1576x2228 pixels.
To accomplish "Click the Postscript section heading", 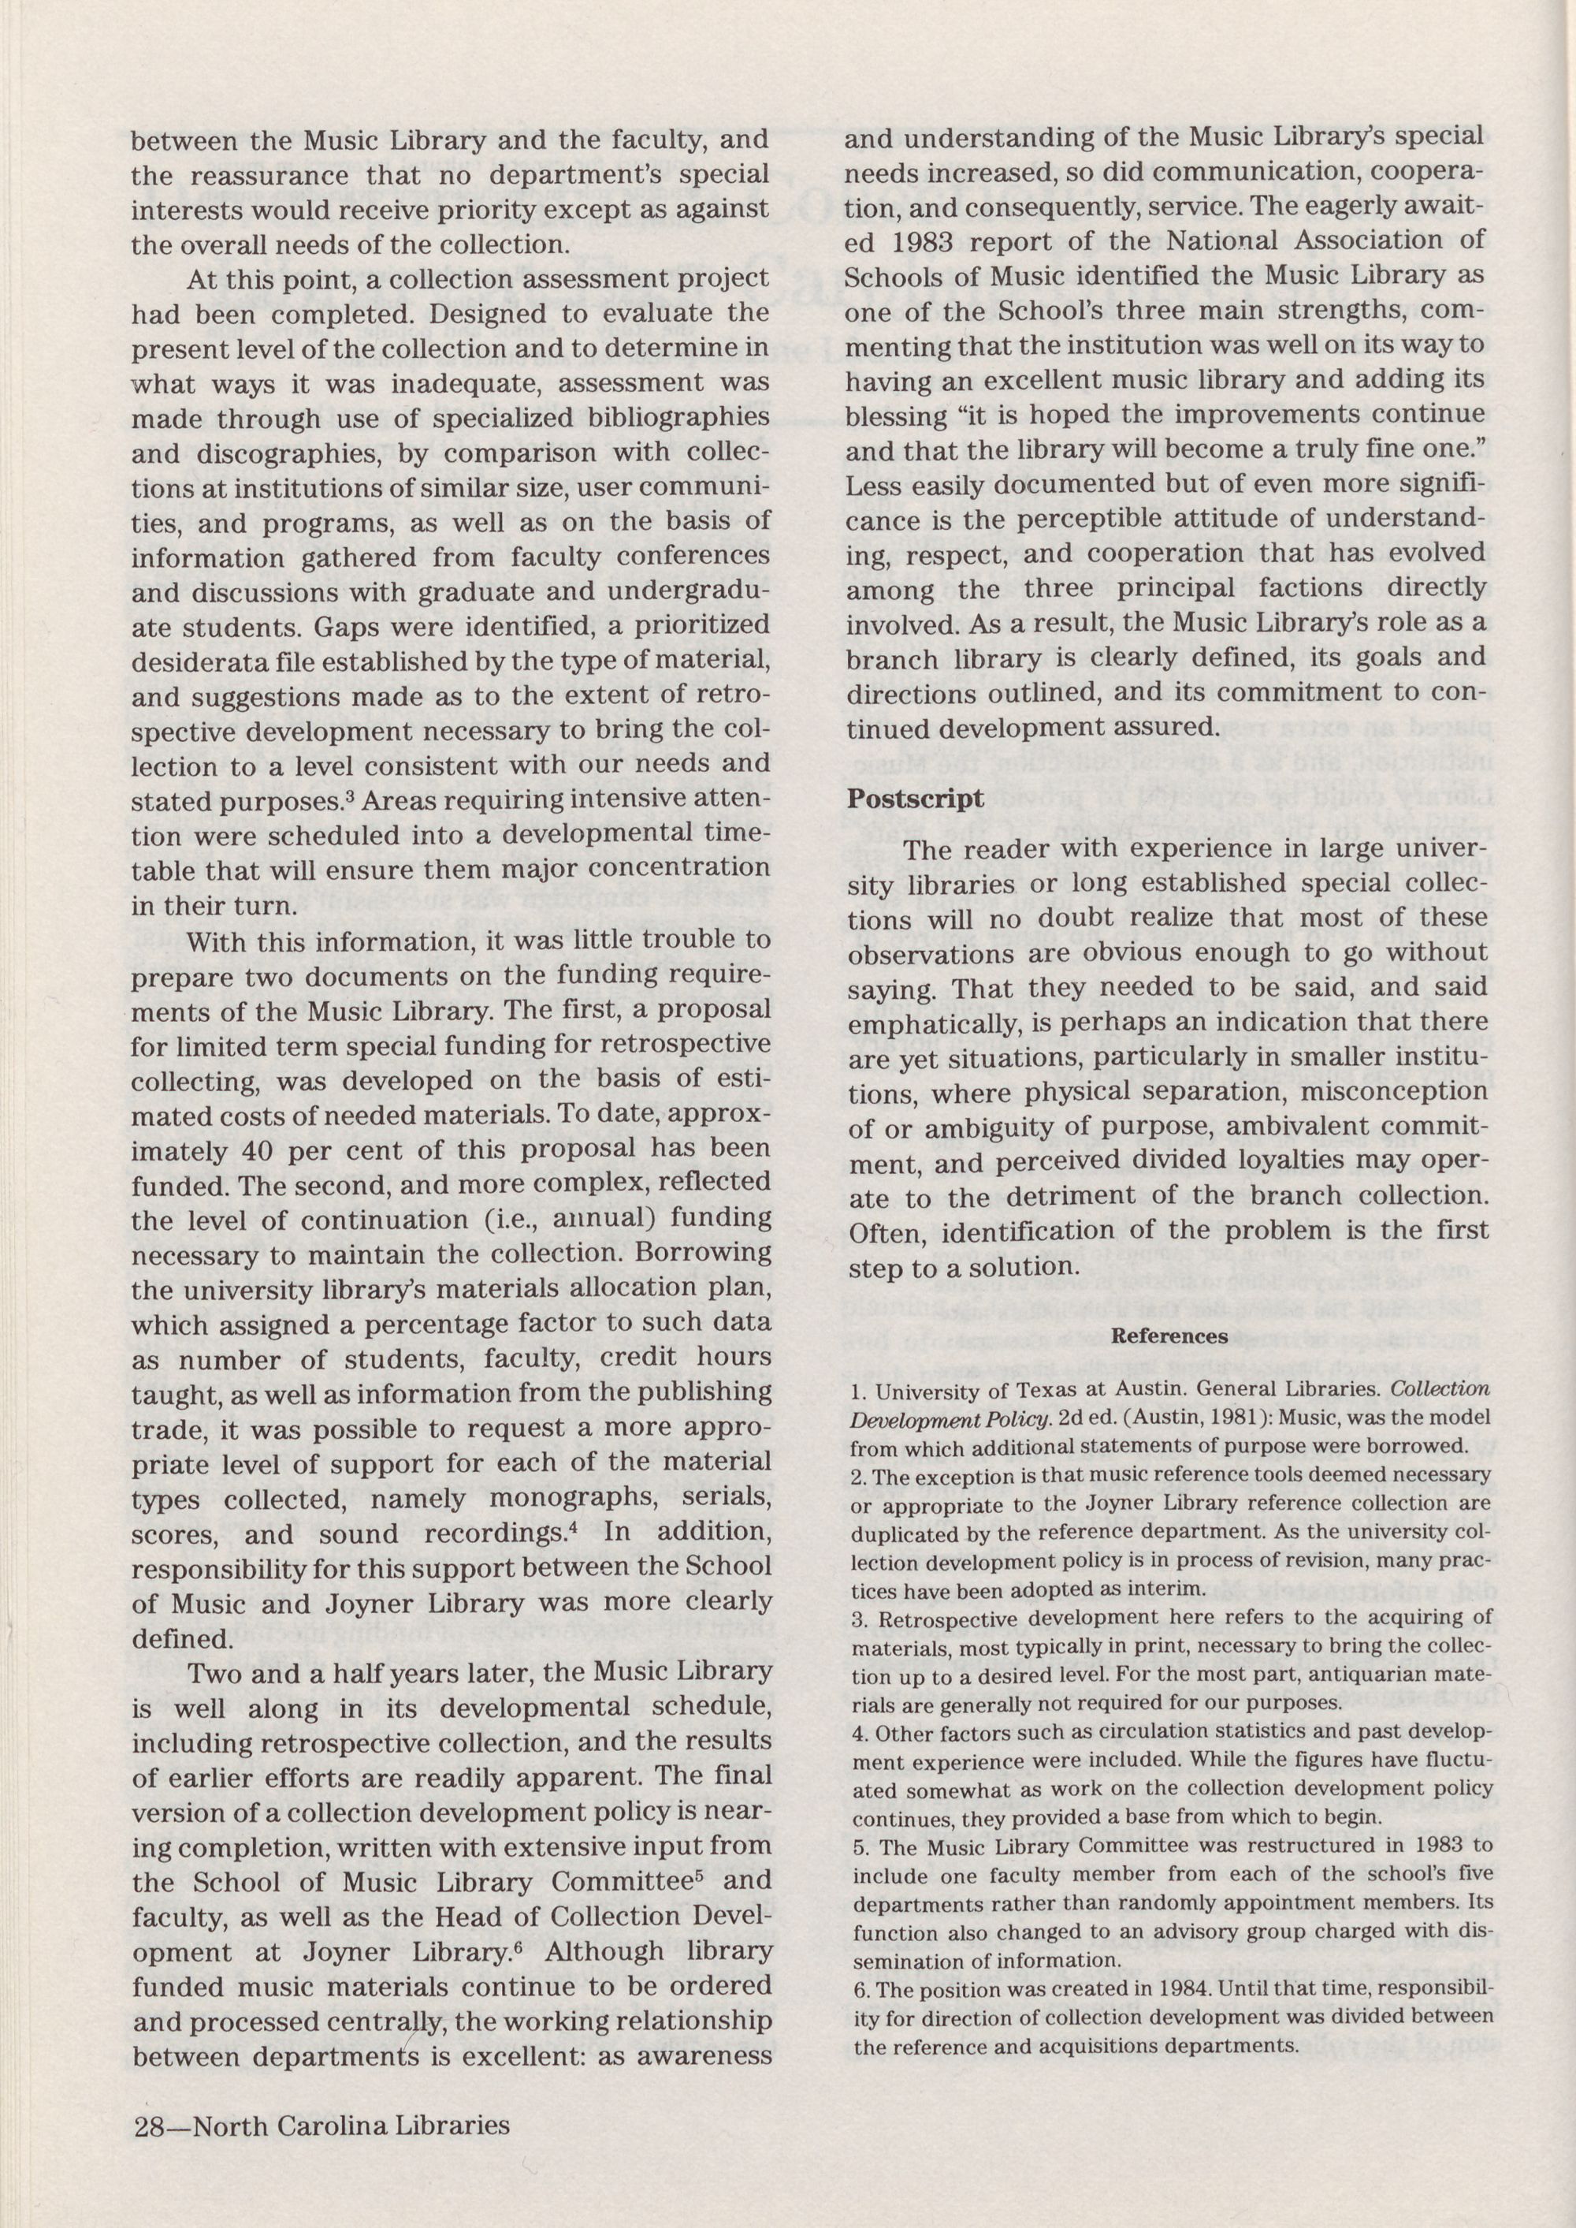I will pyautogui.click(x=915, y=798).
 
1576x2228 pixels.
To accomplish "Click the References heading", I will pyautogui.click(x=1169, y=1335).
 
